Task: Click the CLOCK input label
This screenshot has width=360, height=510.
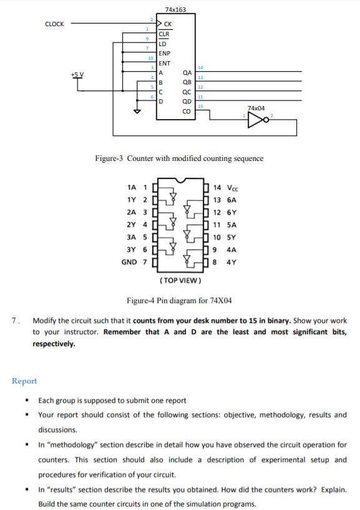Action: (x=54, y=24)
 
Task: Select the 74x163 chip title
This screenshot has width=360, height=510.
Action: (x=175, y=9)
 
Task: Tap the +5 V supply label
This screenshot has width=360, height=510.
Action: (x=77, y=74)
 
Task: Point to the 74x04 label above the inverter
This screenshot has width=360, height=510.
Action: (x=256, y=108)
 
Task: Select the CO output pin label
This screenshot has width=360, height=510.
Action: (x=185, y=111)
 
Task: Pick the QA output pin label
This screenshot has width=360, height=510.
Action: (x=186, y=73)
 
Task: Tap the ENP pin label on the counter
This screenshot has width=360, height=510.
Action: (x=165, y=54)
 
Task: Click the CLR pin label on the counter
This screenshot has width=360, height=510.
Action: (x=163, y=34)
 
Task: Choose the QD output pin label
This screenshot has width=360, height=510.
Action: (x=186, y=102)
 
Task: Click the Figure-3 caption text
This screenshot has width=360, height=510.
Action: (x=179, y=158)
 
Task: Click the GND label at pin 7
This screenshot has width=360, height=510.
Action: (x=129, y=262)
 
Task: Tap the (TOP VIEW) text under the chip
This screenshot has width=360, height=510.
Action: (x=179, y=279)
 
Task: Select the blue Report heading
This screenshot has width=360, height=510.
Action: (x=24, y=381)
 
